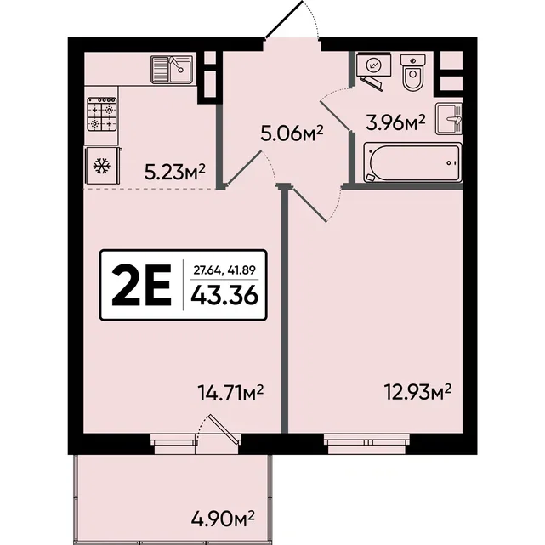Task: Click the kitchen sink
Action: [x=172, y=70]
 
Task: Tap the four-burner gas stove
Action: [x=102, y=114]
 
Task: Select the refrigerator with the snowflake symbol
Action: [x=103, y=166]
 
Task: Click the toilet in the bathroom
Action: [x=412, y=72]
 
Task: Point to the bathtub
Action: [x=412, y=162]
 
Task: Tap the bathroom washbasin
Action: [x=449, y=119]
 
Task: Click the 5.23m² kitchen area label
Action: [x=175, y=173]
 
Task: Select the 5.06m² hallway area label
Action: [x=292, y=133]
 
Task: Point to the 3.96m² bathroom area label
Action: [x=395, y=122]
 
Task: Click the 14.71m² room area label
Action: [x=230, y=392]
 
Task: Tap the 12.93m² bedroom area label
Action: [x=417, y=392]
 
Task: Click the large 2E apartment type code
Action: [x=141, y=285]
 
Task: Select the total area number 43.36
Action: [x=224, y=296]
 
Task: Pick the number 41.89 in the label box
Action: [x=241, y=270]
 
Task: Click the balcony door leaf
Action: [x=224, y=429]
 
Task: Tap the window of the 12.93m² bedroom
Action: [x=366, y=444]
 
